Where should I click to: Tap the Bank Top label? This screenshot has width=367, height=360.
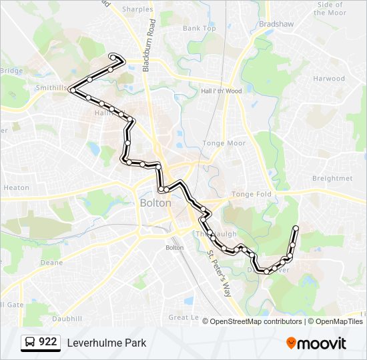click(x=200, y=29)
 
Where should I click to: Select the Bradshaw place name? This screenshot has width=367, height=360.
click(x=276, y=23)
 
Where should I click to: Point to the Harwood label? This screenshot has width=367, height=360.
click(x=329, y=79)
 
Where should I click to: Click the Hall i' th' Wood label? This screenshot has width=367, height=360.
click(x=221, y=91)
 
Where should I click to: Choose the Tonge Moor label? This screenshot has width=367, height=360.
click(x=224, y=143)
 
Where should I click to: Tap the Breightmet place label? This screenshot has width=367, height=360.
click(x=332, y=179)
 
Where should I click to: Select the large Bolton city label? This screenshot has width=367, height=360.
click(x=155, y=203)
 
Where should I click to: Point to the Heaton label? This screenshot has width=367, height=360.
click(x=16, y=188)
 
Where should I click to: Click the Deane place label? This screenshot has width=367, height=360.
click(x=51, y=263)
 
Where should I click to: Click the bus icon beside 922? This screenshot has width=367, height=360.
click(x=30, y=343)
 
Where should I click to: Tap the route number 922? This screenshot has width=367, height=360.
click(x=47, y=342)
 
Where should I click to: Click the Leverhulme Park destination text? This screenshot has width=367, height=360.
click(x=106, y=343)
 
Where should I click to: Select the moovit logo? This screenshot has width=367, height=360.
click(x=316, y=343)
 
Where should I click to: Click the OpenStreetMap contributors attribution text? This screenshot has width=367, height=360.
click(x=256, y=321)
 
